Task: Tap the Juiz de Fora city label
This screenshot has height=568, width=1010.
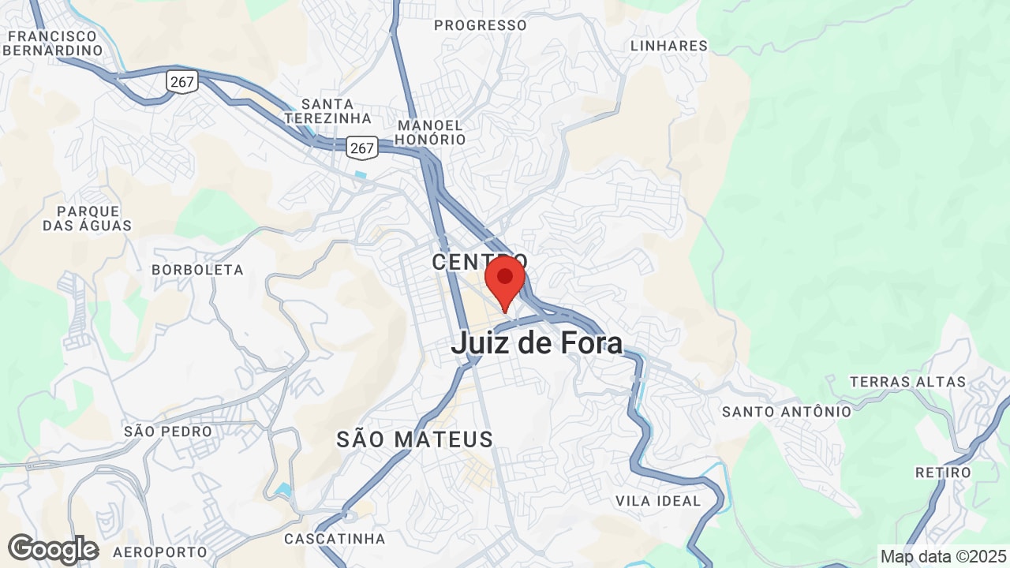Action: point(537,343)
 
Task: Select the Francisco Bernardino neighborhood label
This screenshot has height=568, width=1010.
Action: point(53,43)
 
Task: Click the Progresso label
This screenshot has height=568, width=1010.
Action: point(480,25)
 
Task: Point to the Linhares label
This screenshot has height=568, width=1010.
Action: point(669,46)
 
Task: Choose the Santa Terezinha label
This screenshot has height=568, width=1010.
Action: point(327,111)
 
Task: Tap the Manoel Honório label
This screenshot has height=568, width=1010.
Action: point(431,133)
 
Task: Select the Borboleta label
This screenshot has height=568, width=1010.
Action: point(197,270)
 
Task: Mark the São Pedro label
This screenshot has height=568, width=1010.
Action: point(168,432)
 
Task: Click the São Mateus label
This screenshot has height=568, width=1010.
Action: point(414,439)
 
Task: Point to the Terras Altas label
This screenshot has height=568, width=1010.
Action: point(907,382)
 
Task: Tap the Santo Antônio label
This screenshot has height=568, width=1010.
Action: point(787,411)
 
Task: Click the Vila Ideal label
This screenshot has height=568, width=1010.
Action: point(658,501)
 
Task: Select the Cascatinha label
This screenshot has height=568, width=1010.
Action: point(335,539)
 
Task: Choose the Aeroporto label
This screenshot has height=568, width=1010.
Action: point(159,551)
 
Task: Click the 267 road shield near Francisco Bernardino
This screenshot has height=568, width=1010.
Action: point(181,80)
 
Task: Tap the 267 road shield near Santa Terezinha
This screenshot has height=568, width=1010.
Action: point(362,147)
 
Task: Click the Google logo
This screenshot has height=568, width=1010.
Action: point(53,549)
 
